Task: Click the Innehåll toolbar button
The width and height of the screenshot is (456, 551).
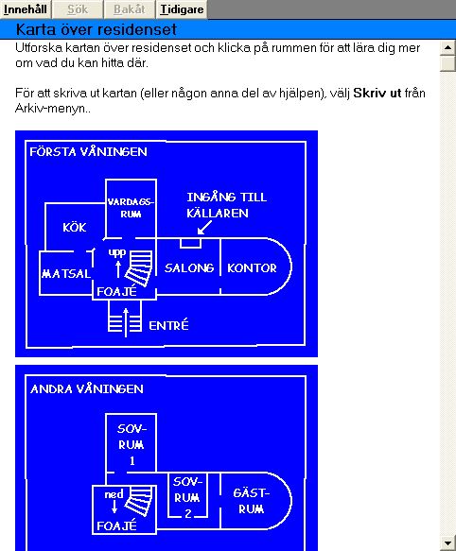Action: [x=26, y=9]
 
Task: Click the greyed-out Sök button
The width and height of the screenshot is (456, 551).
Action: [x=78, y=9]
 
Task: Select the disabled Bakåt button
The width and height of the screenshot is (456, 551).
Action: [x=129, y=9]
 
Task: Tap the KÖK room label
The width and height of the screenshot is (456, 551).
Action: [x=75, y=228]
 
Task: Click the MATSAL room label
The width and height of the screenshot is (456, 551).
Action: [x=66, y=273]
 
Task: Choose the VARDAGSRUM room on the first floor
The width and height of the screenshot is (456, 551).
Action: [x=131, y=208]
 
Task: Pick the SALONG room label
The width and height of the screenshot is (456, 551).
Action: [x=189, y=268]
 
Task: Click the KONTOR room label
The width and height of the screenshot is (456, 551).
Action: [x=252, y=268]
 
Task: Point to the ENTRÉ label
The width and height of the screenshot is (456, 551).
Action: [x=168, y=325]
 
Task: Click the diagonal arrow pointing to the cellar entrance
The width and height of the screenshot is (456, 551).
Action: [x=204, y=228]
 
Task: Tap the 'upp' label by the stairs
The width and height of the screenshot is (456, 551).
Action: [x=117, y=253]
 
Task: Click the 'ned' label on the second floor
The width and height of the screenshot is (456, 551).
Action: [x=114, y=494]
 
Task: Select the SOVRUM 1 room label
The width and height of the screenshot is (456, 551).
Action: [x=132, y=444]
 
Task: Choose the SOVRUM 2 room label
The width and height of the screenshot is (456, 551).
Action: [x=187, y=497]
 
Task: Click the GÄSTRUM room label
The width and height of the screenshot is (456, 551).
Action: [x=252, y=501]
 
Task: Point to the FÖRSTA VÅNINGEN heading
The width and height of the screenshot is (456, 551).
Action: [x=88, y=152]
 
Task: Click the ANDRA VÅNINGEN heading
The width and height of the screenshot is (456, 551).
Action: [x=87, y=389]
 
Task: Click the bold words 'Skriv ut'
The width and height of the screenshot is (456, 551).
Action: [x=377, y=94]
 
